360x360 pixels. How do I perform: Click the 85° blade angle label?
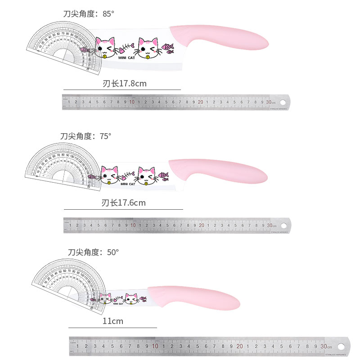tap(89, 13)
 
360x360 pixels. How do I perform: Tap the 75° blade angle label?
tap(85, 136)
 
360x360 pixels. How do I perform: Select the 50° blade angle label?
tap(93, 252)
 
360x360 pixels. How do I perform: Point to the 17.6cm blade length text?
tap(124, 203)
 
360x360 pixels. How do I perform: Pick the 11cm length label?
tap(113, 321)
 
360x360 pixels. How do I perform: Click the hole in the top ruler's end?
tap(282, 102)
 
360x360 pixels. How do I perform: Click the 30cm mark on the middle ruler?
tap(270, 225)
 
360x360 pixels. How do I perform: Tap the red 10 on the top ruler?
tap(132, 102)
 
